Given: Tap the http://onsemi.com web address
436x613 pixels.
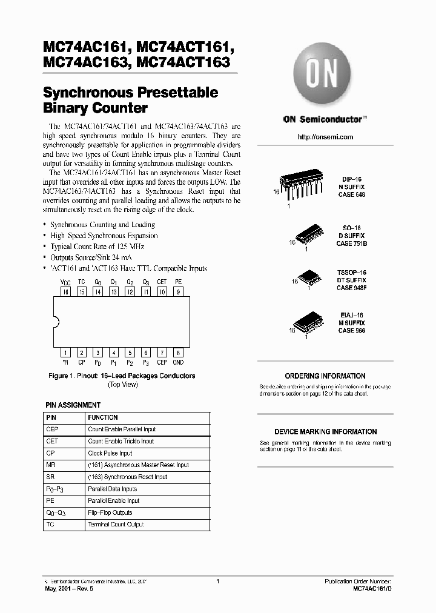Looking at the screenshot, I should click(x=325, y=137).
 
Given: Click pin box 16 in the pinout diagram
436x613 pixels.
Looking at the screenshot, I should click(x=65, y=292).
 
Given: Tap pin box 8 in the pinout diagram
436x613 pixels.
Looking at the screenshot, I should click(x=177, y=353).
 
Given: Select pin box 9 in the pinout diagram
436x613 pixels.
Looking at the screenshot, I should click(x=177, y=292).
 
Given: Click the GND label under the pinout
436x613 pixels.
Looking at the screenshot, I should click(x=177, y=363).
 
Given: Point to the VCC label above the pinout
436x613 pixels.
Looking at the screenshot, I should click(x=65, y=282).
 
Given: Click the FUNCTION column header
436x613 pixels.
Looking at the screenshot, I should click(x=103, y=418).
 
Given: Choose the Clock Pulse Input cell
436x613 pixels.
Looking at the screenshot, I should click(x=110, y=453).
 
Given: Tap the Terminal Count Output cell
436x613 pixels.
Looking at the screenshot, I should click(x=116, y=525).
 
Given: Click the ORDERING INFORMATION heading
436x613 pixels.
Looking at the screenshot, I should click(x=325, y=376).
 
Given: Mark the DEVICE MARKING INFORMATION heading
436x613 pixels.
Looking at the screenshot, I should click(x=325, y=432).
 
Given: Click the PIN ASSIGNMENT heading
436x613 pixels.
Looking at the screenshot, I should click(x=73, y=405).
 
